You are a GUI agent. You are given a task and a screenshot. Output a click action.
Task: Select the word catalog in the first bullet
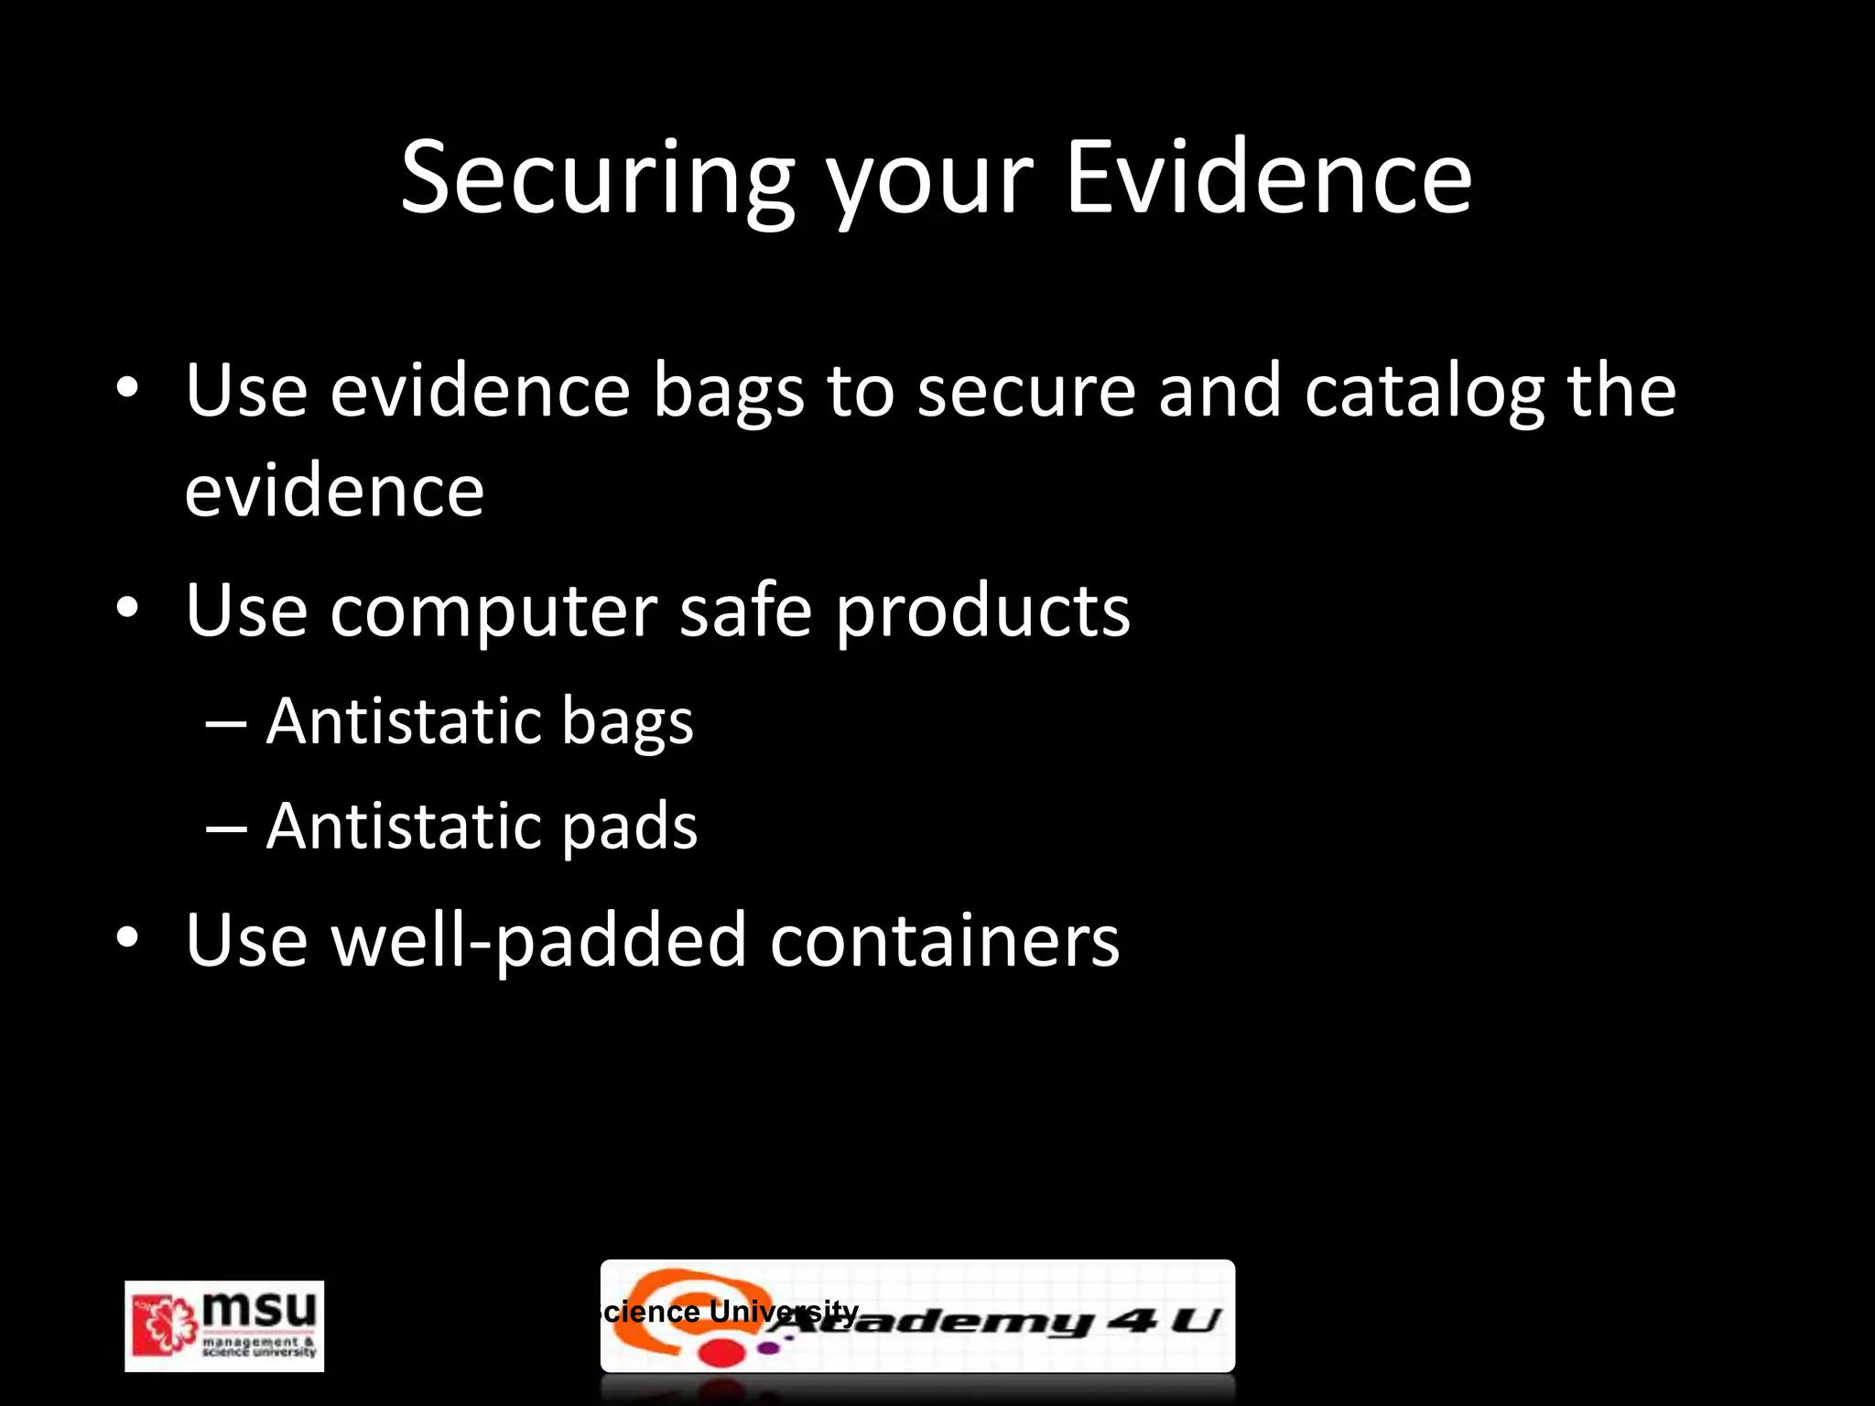tap(1424, 392)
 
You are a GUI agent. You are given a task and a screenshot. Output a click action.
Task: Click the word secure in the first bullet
tap(1025, 392)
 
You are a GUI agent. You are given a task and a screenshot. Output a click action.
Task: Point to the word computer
tap(493, 612)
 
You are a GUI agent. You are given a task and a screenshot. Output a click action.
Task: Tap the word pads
tap(629, 827)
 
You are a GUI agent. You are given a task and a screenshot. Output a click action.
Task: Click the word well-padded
tap(539, 941)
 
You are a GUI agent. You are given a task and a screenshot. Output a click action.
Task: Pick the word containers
tap(944, 940)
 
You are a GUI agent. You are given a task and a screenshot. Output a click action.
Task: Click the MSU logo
tap(224, 1325)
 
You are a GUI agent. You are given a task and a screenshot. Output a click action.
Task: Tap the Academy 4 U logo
tap(917, 1316)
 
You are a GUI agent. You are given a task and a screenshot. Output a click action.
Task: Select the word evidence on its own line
tap(334, 492)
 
